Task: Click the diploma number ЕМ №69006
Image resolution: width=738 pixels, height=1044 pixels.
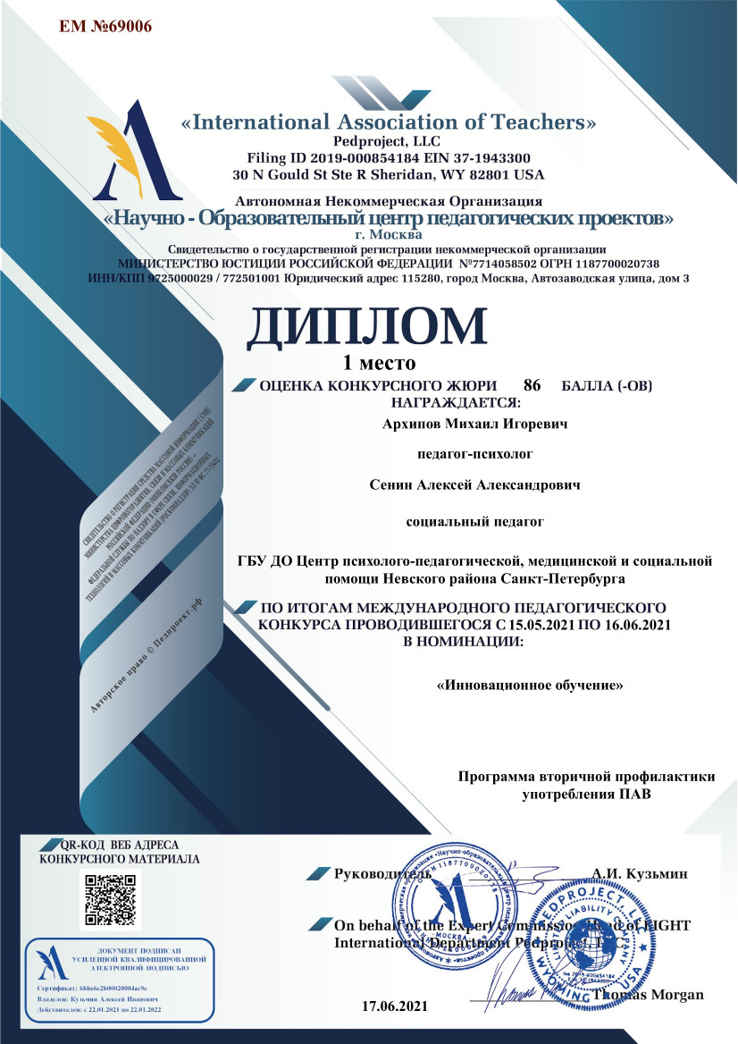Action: (105, 26)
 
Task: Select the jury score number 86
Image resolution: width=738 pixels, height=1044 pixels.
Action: (532, 386)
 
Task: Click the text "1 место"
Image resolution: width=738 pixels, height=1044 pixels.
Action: (380, 362)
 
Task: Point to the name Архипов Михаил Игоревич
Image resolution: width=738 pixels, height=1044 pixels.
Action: (475, 422)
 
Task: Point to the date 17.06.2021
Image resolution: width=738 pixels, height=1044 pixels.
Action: (395, 1006)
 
